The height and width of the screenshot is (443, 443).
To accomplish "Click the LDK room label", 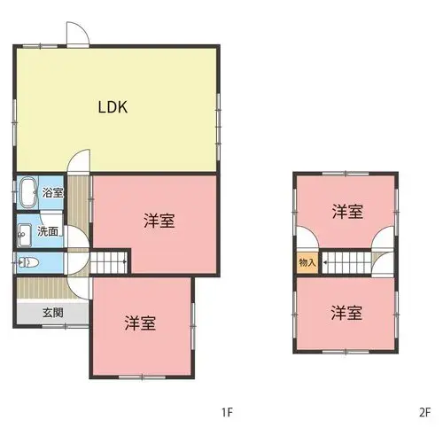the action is [x=113, y=107].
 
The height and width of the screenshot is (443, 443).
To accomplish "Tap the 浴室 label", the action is [x=52, y=192].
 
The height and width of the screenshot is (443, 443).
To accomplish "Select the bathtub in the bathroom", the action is [x=28, y=192].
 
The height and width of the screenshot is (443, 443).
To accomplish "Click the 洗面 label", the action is [x=48, y=231].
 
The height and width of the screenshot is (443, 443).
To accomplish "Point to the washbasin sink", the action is [x=25, y=235].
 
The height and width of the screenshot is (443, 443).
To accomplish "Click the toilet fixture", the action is [x=28, y=262].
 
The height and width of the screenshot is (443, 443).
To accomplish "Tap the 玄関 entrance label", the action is [x=53, y=313].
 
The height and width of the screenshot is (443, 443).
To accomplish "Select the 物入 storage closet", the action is [x=307, y=262].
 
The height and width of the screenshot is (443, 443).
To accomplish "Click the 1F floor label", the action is [x=228, y=412].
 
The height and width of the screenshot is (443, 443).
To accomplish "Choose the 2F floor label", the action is [x=425, y=412].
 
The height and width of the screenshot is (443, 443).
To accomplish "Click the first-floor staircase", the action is [x=108, y=262].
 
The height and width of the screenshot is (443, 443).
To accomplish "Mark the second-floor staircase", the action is [x=346, y=262].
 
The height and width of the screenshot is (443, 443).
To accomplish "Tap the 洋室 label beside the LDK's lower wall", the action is [x=159, y=221].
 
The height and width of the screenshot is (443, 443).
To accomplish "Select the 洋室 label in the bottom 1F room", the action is [x=140, y=323].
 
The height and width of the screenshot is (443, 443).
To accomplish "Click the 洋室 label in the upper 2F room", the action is [x=347, y=212].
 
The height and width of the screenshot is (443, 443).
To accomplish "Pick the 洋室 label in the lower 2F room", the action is [x=346, y=313].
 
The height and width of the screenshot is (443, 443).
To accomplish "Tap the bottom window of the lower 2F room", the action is [x=346, y=352].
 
